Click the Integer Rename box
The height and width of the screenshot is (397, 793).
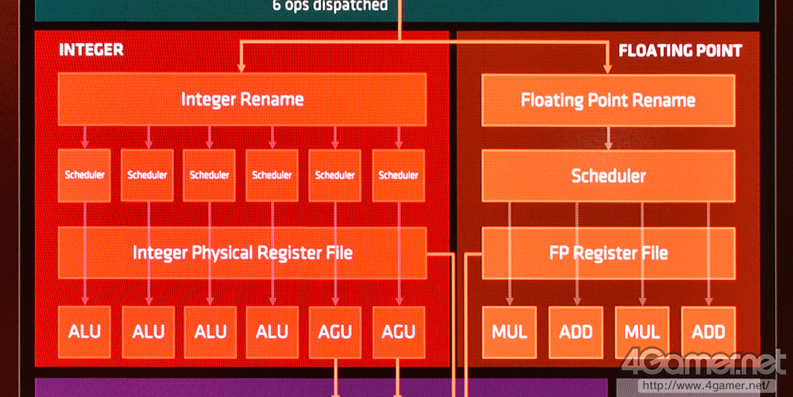tap(242, 99)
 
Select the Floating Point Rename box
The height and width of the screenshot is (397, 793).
tap(608, 100)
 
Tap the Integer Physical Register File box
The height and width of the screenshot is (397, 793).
tap(242, 253)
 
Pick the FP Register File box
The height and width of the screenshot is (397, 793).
tap(608, 253)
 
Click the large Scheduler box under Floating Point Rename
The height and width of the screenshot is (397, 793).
tap(608, 176)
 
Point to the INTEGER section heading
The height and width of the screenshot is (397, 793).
tap(91, 50)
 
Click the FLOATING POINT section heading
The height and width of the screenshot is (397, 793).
tap(680, 51)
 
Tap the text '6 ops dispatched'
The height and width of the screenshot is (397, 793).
tap(330, 6)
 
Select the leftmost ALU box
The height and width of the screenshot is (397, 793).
tap(84, 332)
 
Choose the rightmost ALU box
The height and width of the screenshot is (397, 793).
tap(273, 332)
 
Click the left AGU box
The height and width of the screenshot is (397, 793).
tap(335, 332)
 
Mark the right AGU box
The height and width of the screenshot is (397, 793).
tap(398, 332)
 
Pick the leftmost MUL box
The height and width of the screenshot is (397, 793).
tap(510, 332)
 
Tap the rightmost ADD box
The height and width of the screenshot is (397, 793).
tap(708, 332)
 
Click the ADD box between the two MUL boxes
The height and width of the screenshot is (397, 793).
tap(575, 332)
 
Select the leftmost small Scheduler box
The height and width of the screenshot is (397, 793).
tap(84, 175)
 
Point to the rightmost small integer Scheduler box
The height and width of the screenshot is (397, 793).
tap(398, 175)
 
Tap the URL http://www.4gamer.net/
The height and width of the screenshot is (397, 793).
tap(704, 385)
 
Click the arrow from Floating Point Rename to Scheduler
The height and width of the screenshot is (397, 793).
tap(608, 138)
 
